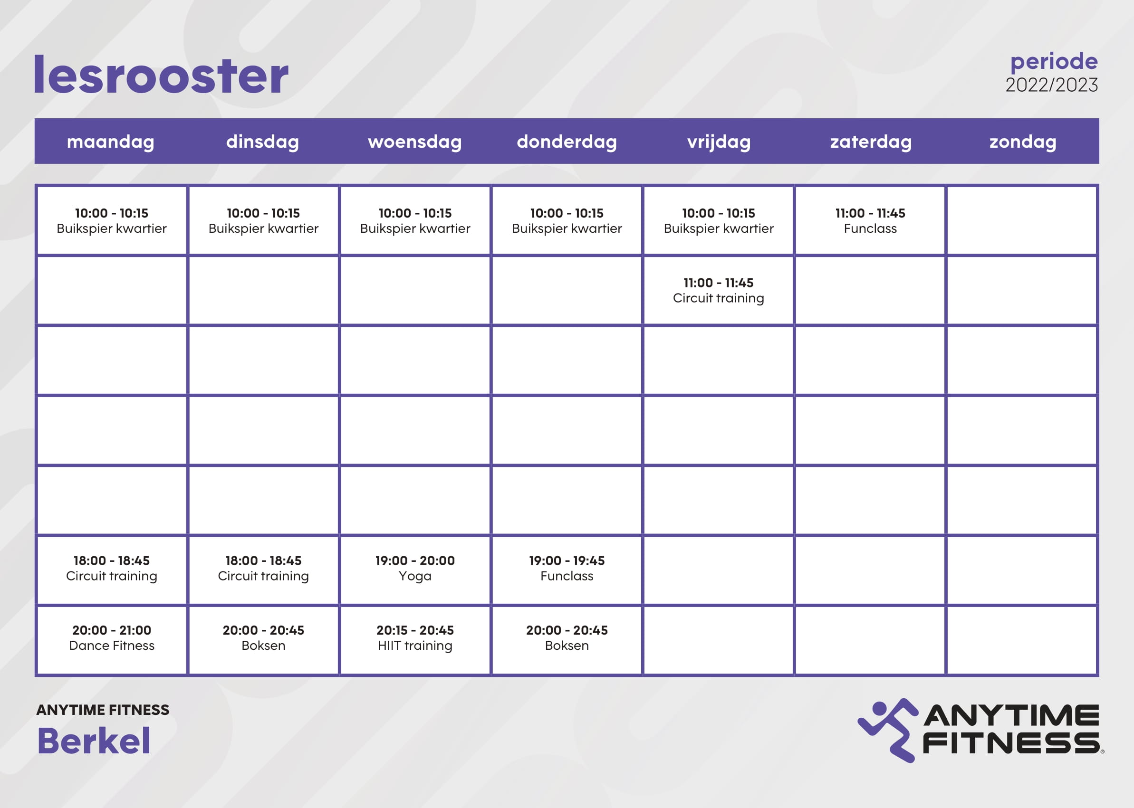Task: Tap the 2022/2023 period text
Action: pyautogui.click(x=1051, y=85)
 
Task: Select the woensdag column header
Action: pyautogui.click(x=414, y=142)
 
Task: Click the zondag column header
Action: pyautogui.click(x=1022, y=142)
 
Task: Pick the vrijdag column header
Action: pyautogui.click(x=719, y=142)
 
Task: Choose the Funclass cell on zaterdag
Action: pyautogui.click(x=870, y=221)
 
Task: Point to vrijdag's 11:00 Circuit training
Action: pyautogui.click(x=718, y=291)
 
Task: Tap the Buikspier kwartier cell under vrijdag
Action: pyautogui.click(x=718, y=221)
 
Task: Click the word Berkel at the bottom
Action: pyautogui.click(x=94, y=741)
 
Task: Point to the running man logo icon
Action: pyautogui.click(x=888, y=730)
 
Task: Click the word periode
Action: pyautogui.click(x=1054, y=62)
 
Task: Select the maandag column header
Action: pyautogui.click(x=111, y=142)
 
